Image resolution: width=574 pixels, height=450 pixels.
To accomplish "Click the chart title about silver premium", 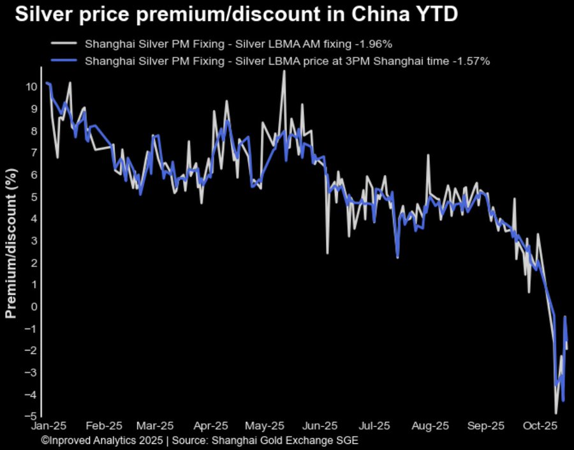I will tap(236, 15).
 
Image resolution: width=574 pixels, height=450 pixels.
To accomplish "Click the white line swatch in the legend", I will tap(64, 44).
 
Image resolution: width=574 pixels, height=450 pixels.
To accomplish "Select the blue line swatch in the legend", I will tap(64, 61).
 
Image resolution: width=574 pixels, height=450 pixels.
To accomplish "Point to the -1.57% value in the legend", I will tap(473, 61).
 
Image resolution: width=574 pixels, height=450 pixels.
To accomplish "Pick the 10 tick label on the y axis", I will tap(31, 86).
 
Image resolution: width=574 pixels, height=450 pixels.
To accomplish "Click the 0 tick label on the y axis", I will tap(34, 306).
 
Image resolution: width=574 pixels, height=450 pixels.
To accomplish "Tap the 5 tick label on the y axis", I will tap(34, 197).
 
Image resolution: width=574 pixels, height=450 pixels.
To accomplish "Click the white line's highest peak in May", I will tap(284, 71).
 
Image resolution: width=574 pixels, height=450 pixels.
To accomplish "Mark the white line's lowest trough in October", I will tap(556, 413).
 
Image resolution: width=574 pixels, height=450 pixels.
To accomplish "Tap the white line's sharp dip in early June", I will tap(327, 253).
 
